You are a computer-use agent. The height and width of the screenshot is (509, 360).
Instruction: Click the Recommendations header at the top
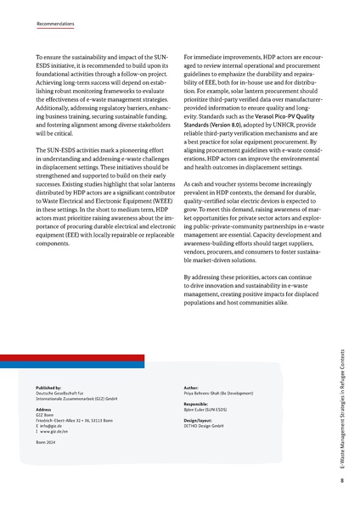point(58,25)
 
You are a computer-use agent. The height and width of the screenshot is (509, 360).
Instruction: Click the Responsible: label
point(199,404)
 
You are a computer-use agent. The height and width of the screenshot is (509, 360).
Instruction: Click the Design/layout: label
point(201,419)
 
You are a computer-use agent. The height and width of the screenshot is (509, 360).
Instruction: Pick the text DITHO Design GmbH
point(203,425)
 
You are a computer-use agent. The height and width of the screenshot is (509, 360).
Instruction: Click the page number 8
point(340,482)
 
